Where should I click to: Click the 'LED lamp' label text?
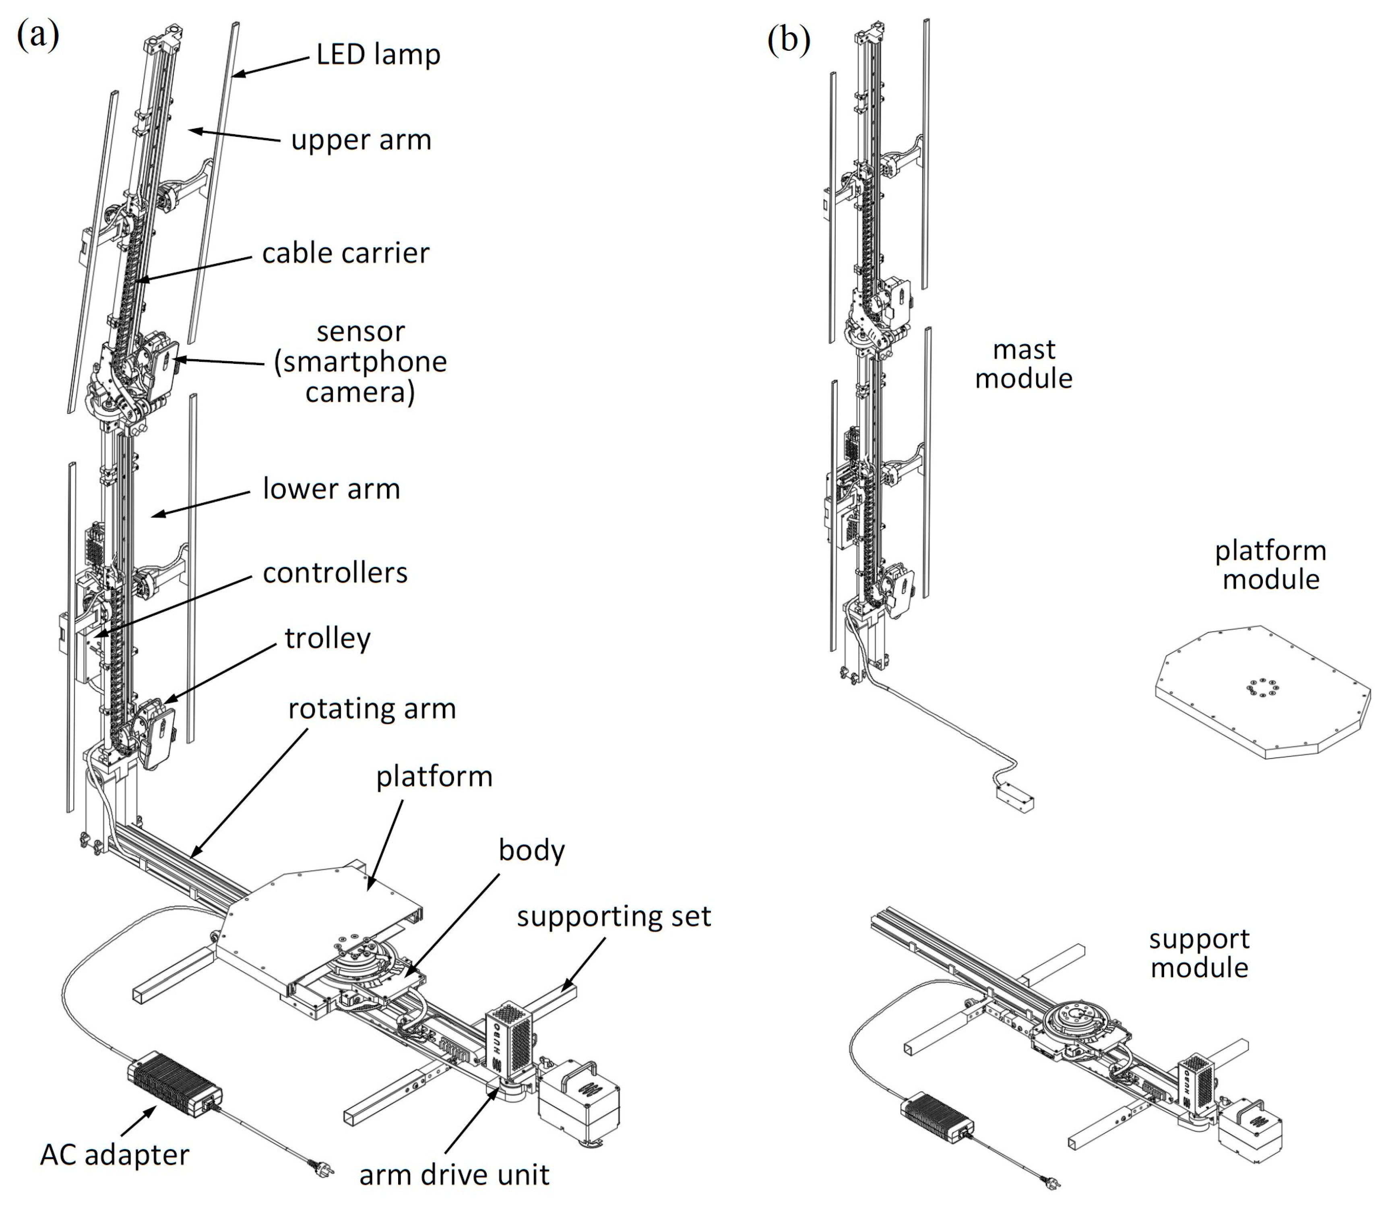(x=378, y=54)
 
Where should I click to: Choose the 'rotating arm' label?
(x=372, y=709)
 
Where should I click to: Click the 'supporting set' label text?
(x=613, y=916)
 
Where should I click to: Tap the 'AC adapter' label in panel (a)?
(x=114, y=1155)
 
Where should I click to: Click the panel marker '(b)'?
(x=788, y=40)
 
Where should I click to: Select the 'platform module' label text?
(x=1270, y=565)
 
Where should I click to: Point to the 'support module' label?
(x=1199, y=953)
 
